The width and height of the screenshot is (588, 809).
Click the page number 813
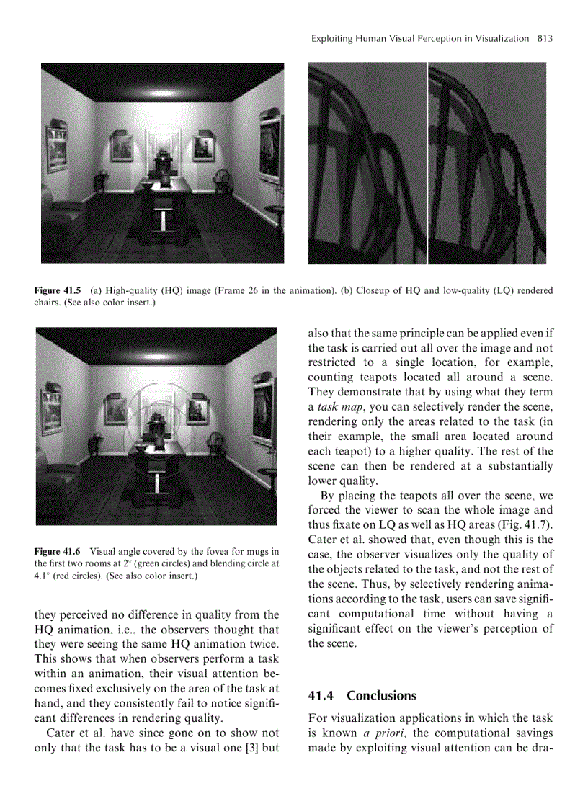point(545,38)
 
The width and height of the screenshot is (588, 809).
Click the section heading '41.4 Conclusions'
point(362,696)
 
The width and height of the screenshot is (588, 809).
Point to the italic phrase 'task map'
point(337,407)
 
